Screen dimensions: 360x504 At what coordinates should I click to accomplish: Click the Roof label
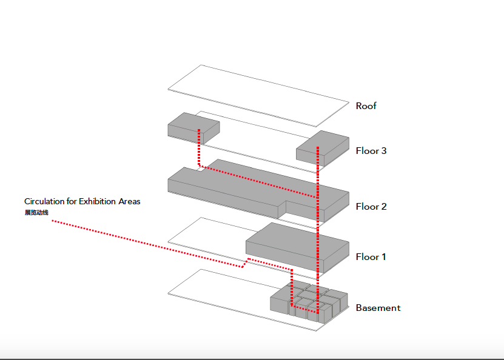click(x=366, y=106)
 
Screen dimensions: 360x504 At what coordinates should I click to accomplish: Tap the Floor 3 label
click(x=371, y=151)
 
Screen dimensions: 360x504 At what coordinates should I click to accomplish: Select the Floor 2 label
click(x=371, y=207)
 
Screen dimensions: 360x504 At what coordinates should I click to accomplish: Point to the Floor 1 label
click(x=371, y=257)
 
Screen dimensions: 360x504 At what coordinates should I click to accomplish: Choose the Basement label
click(x=378, y=308)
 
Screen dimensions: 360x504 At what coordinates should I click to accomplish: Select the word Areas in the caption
click(x=130, y=201)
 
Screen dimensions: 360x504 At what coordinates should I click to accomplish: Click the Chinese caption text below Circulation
click(x=36, y=213)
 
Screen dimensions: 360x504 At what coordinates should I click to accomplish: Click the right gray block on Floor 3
click(x=322, y=147)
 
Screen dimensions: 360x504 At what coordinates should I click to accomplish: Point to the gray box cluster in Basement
click(x=309, y=300)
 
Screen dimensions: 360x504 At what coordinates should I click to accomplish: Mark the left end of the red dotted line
click(x=52, y=221)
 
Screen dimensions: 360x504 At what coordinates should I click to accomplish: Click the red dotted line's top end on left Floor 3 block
click(x=199, y=130)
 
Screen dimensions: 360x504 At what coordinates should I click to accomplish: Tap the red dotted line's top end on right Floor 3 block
click(x=317, y=147)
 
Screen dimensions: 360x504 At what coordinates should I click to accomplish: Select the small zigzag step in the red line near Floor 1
click(x=245, y=262)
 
